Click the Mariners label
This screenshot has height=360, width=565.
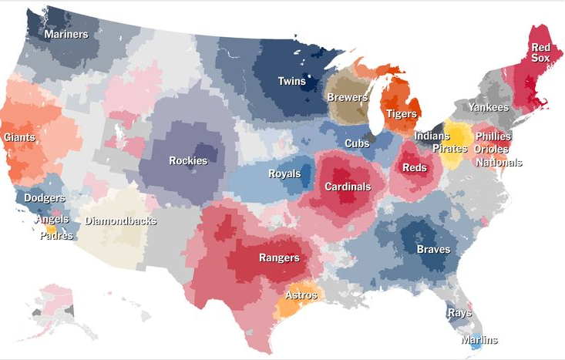tap(66, 34)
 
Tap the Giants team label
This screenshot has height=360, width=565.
tap(18, 136)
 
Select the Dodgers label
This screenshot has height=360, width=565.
tap(44, 197)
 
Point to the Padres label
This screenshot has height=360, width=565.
tap(55, 236)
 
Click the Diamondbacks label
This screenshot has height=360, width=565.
tap(120, 221)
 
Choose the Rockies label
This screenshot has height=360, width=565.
tap(188, 160)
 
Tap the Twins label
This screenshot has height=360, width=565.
tap(292, 81)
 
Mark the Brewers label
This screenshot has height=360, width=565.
tap(347, 98)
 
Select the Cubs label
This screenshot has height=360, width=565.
tap(356, 143)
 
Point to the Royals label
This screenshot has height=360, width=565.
tap(284, 173)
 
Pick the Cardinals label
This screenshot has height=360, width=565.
tap(347, 187)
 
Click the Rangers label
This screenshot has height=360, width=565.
tap(278, 257)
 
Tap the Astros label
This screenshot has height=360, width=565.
tap(301, 294)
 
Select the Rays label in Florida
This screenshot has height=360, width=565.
tap(459, 313)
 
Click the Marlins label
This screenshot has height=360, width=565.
tap(479, 340)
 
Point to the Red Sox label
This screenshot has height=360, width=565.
tap(540, 52)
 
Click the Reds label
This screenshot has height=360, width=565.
tap(414, 167)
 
